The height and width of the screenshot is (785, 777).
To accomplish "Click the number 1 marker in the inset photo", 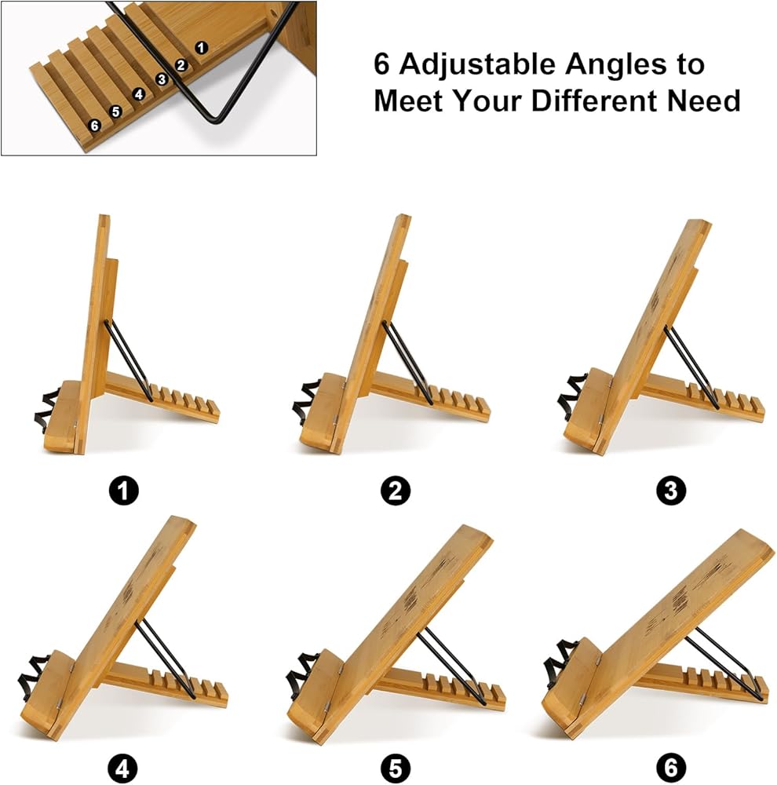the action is click(x=201, y=48).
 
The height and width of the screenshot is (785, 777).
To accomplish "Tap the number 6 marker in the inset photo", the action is click(x=95, y=126).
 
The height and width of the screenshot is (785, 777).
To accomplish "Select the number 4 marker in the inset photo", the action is click(x=139, y=94).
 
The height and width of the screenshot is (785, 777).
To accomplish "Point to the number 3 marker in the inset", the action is click(x=161, y=79).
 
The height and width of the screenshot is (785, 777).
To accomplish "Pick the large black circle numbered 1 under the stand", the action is click(x=124, y=490).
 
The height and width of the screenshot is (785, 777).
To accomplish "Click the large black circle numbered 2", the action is click(x=395, y=490).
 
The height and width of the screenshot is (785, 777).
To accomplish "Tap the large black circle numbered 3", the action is click(x=671, y=490).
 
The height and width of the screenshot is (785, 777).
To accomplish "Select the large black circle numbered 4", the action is click(x=122, y=768).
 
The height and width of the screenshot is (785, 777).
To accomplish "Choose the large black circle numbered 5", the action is click(x=395, y=768).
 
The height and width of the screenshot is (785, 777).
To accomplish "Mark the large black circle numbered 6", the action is click(x=671, y=768).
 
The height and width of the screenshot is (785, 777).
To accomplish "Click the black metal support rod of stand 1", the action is click(x=129, y=360).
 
